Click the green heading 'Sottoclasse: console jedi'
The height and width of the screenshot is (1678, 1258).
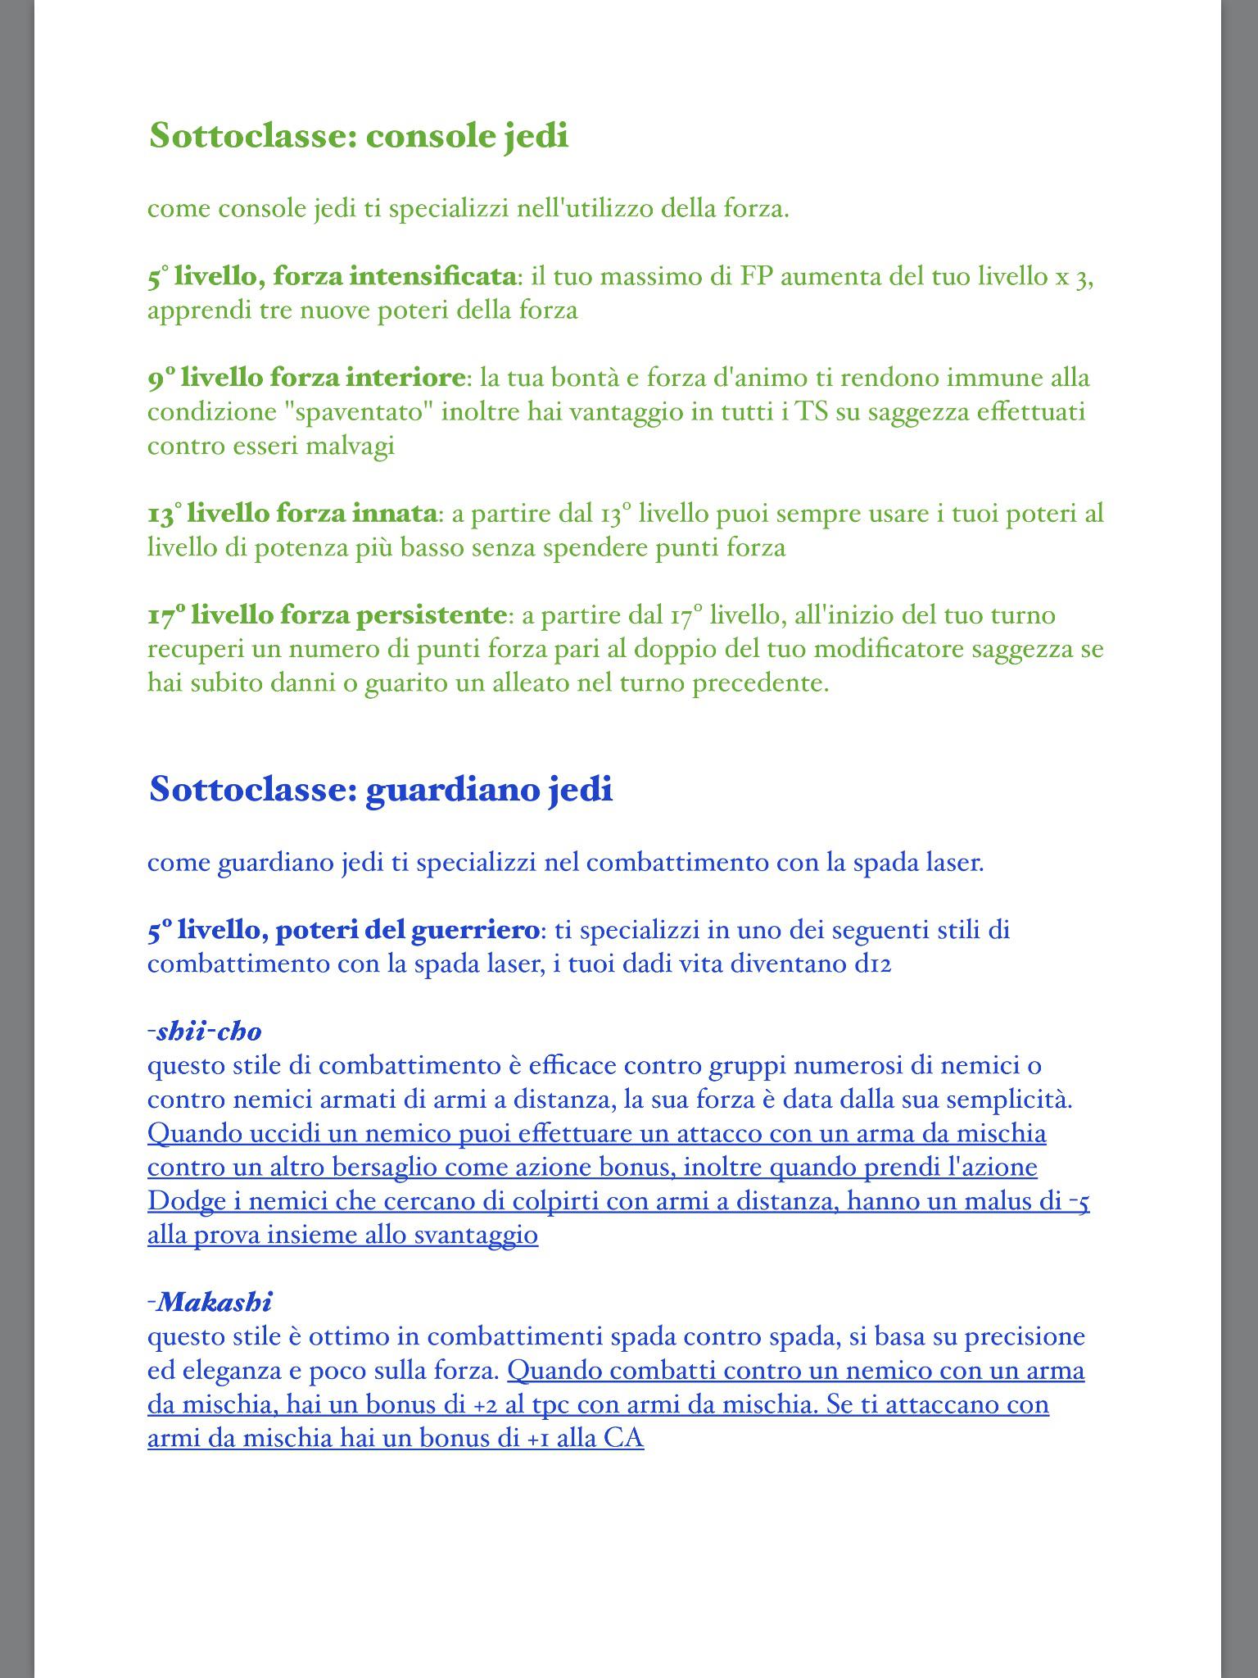pyautogui.click(x=358, y=135)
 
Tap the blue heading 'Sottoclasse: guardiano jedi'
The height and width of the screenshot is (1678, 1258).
pyautogui.click(x=380, y=789)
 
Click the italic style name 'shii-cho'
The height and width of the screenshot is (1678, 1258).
pyautogui.click(x=208, y=1031)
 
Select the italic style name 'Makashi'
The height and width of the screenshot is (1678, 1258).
pyautogui.click(x=214, y=1301)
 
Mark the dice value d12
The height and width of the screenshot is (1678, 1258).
pyautogui.click(x=871, y=964)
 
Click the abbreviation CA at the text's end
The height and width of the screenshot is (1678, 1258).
pyautogui.click(x=623, y=1438)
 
